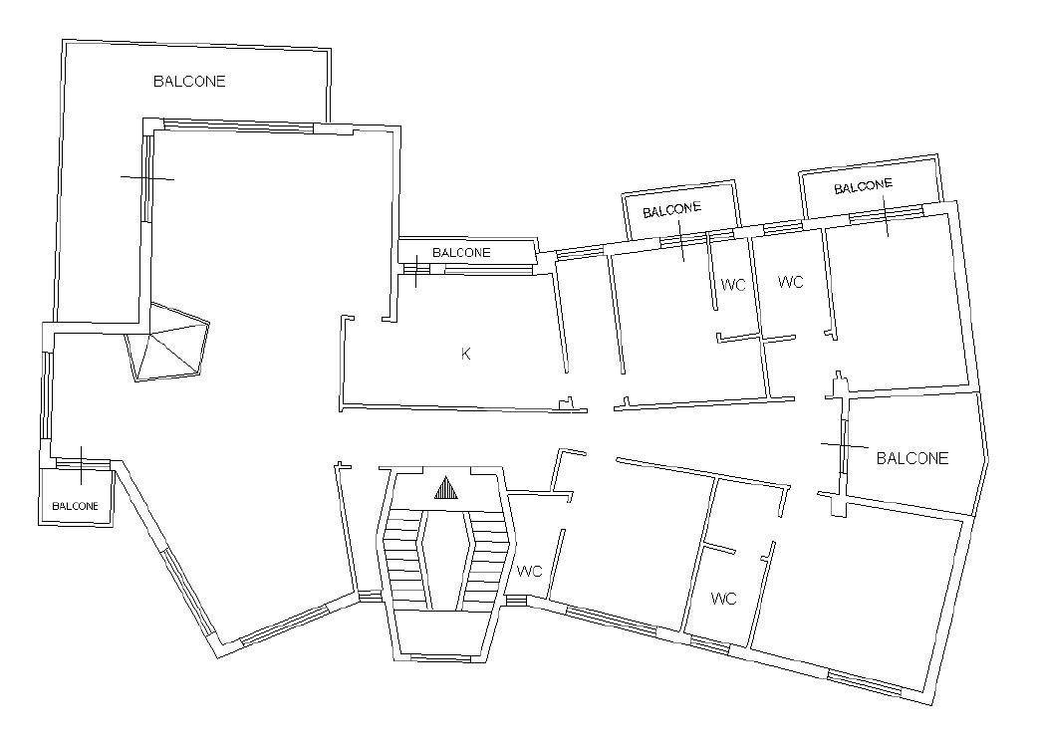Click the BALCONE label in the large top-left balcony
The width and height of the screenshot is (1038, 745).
tap(189, 82)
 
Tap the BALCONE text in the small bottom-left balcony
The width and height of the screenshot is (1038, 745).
tap(76, 506)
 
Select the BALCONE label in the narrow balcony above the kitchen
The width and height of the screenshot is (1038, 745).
tap(461, 253)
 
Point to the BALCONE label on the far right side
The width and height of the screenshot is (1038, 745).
tap(912, 459)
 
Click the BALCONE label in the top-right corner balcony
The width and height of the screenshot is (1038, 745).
tap(863, 187)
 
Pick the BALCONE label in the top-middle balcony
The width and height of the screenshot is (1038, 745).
tap(671, 210)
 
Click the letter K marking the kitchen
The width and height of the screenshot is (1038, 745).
tap(465, 354)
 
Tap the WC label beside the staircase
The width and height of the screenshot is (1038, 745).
tap(530, 572)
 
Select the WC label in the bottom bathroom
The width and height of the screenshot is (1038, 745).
tap(724, 599)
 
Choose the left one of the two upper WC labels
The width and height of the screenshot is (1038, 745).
tap(734, 285)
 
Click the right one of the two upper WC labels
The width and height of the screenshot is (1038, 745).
tap(790, 283)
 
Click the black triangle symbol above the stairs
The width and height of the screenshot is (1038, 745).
tap(445, 488)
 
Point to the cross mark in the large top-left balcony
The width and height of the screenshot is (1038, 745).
tap(147, 178)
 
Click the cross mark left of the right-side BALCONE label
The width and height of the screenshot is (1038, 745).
tap(845, 444)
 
